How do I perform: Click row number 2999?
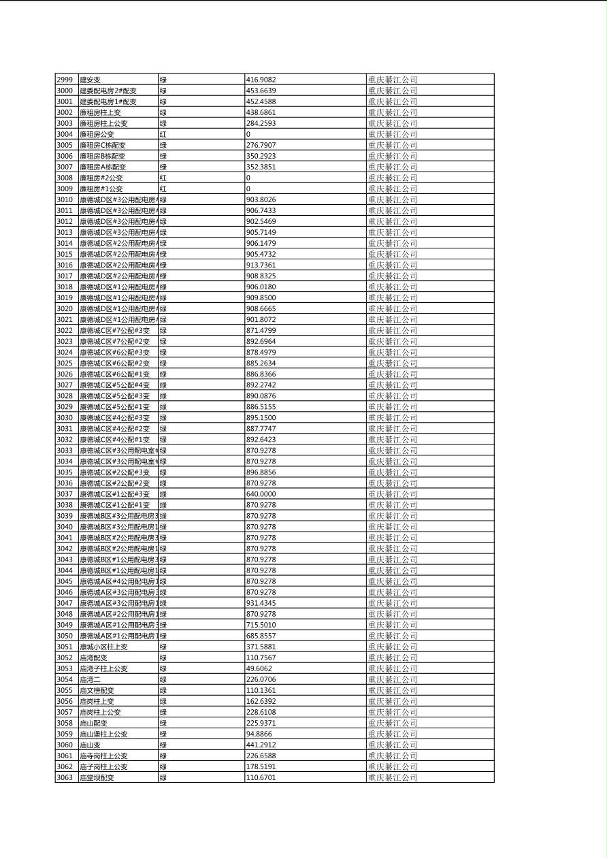(x=65, y=80)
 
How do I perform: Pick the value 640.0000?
(x=261, y=494)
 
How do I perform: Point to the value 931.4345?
(x=261, y=603)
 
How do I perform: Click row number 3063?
(x=65, y=777)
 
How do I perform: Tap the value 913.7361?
(x=261, y=265)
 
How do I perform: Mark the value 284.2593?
(x=261, y=123)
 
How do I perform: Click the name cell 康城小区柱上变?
(x=103, y=647)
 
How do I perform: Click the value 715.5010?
(x=261, y=625)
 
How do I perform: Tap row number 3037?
(x=65, y=494)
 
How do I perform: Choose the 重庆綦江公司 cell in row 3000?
(x=393, y=91)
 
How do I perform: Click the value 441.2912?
(x=261, y=745)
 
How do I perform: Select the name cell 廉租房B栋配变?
(x=103, y=156)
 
